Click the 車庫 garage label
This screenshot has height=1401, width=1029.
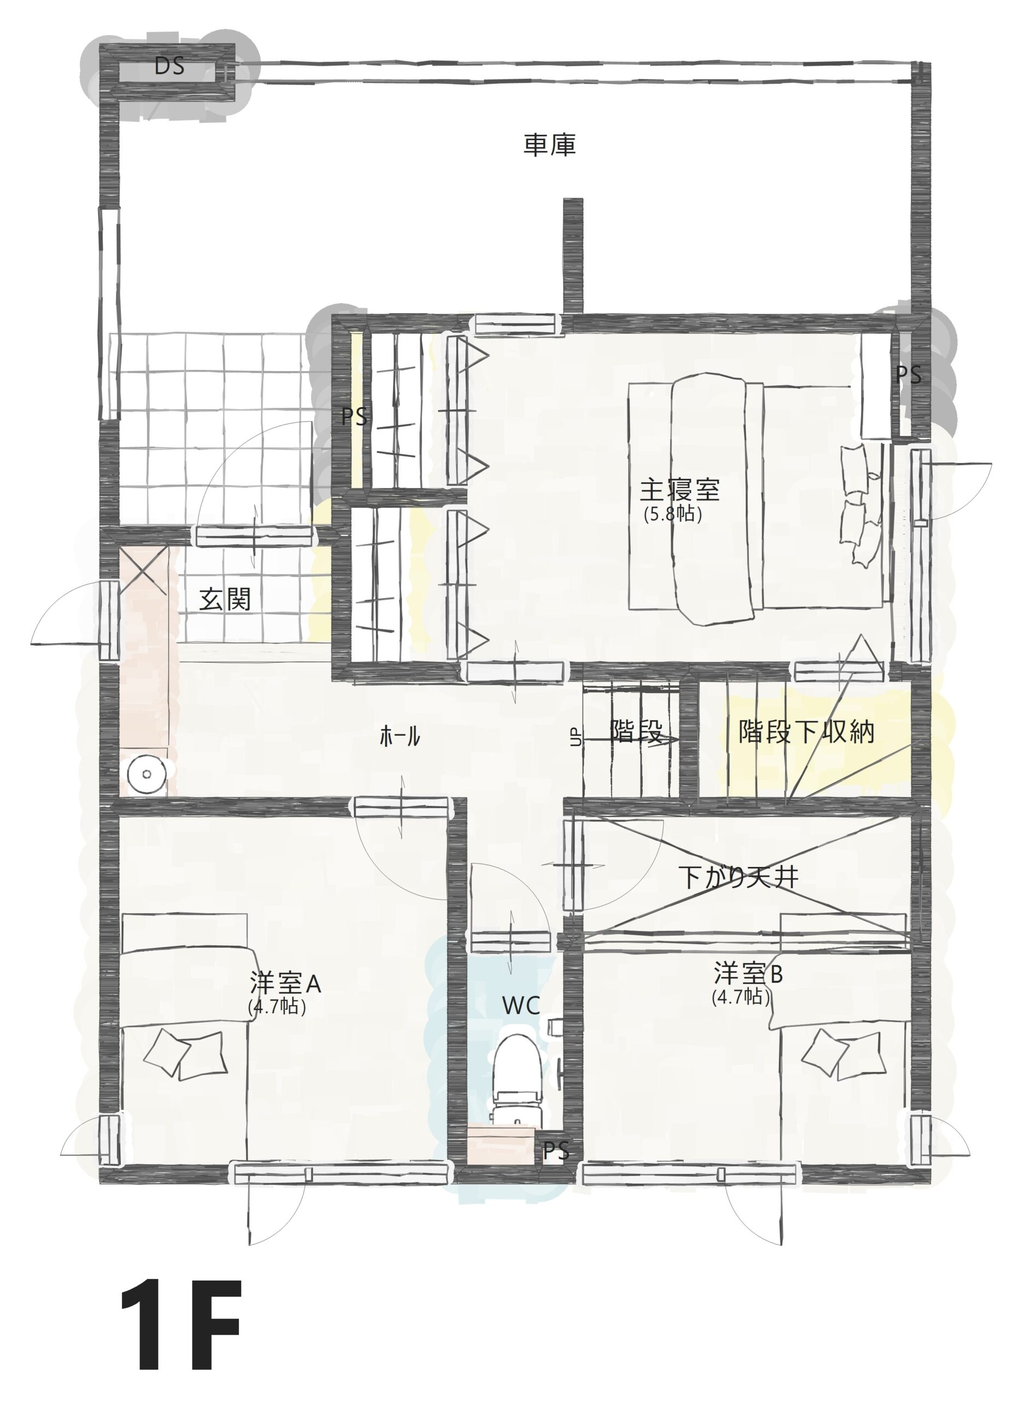click(x=549, y=145)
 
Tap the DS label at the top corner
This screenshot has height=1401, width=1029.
click(x=170, y=66)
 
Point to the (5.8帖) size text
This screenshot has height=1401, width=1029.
click(x=673, y=514)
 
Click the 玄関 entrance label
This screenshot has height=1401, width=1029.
click(x=225, y=599)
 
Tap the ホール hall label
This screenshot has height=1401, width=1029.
click(x=399, y=737)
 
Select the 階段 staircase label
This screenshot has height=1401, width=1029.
click(x=636, y=731)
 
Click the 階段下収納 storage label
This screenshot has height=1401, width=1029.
click(x=806, y=732)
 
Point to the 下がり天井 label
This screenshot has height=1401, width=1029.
click(x=739, y=877)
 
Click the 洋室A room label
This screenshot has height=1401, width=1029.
click(x=285, y=983)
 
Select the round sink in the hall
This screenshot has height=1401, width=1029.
click(x=147, y=774)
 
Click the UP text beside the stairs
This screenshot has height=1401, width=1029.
click(x=575, y=737)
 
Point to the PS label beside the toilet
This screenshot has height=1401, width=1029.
click(x=556, y=1151)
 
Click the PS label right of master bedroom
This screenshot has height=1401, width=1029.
click(x=908, y=375)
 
